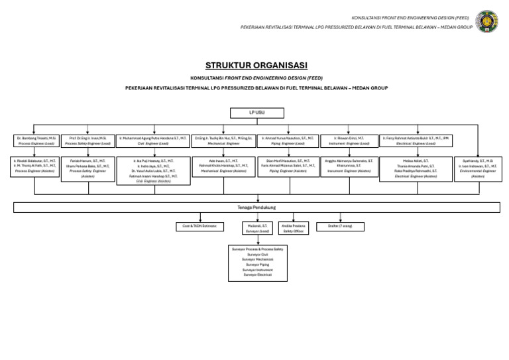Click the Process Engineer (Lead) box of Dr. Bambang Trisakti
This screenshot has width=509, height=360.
36,141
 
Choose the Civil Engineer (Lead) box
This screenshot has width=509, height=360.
152,141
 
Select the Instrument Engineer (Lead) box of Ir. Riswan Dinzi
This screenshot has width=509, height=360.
349,141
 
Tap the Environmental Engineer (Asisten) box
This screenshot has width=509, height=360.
478,168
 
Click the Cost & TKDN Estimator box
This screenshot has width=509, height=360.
199,226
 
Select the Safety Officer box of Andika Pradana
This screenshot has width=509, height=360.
293,229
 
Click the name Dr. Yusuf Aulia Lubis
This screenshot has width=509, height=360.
153,170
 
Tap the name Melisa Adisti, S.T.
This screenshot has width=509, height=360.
416,160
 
